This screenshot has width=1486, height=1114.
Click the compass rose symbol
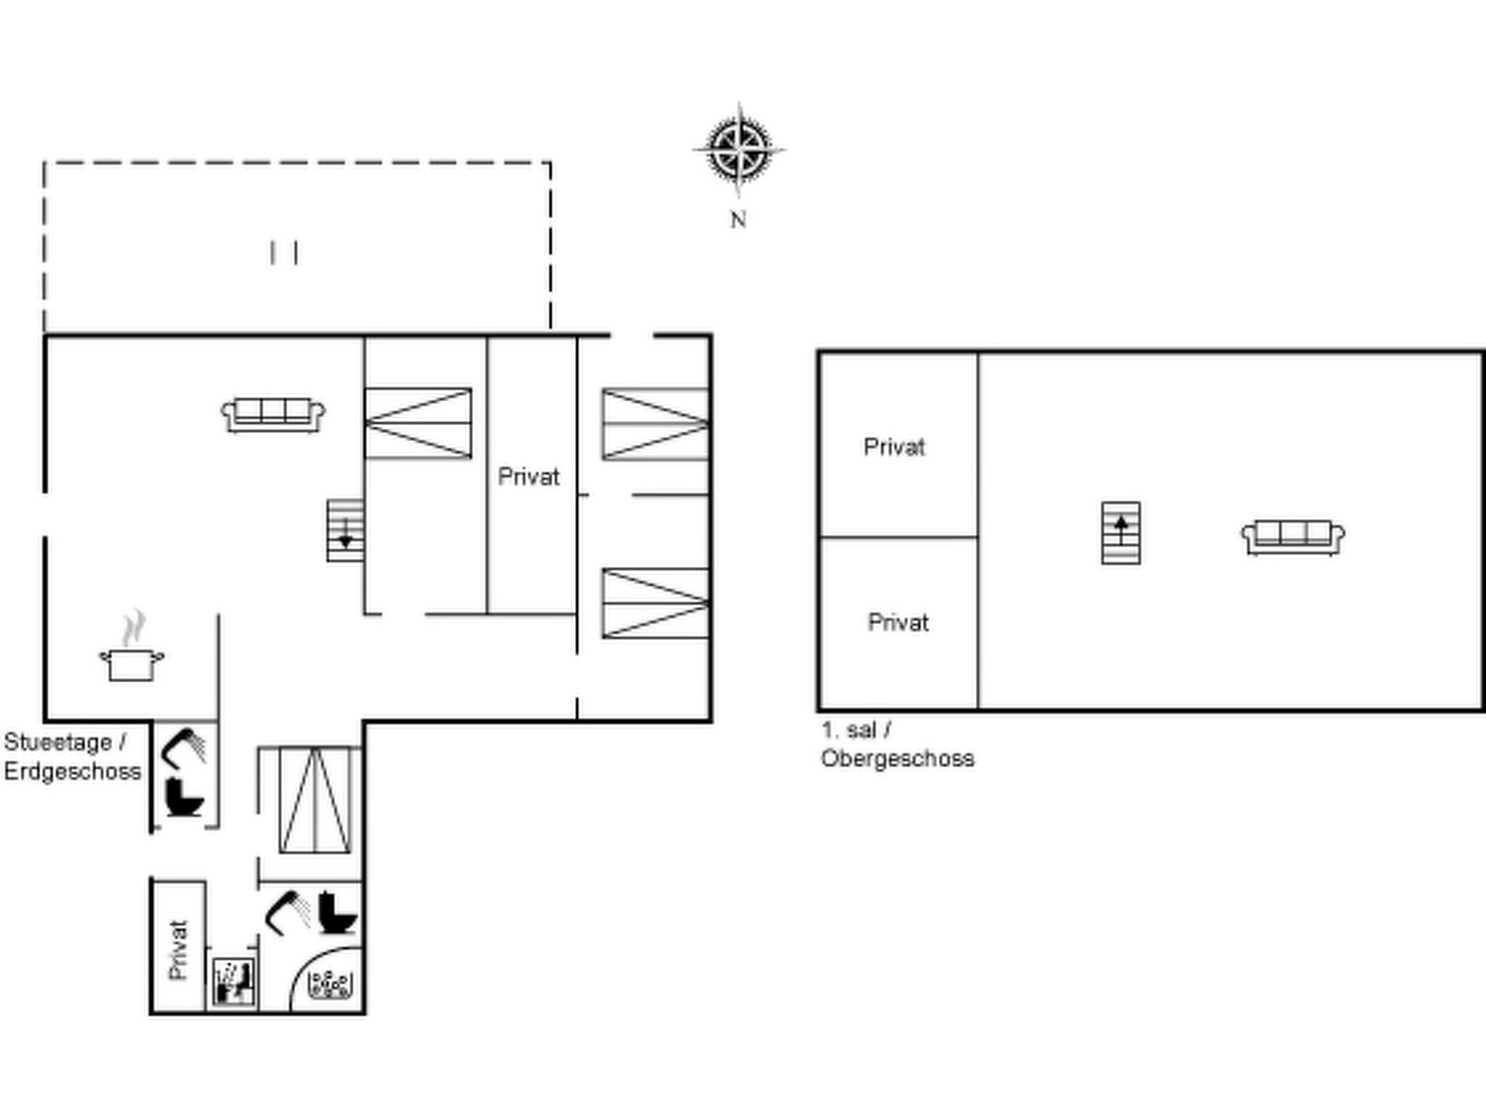[x=739, y=151]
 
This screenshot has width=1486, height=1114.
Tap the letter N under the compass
[x=738, y=220]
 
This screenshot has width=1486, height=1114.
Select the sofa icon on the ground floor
[x=273, y=415]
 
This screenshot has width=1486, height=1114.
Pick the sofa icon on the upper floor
[x=1292, y=537]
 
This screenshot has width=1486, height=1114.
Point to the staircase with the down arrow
[x=345, y=531]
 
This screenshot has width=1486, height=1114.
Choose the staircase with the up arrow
[x=1120, y=533]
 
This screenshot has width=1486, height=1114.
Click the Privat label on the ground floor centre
[x=528, y=477]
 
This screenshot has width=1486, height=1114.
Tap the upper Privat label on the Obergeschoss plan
[x=894, y=447]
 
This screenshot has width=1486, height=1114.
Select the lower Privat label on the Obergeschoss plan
[x=898, y=623]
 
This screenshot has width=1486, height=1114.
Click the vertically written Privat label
[x=178, y=950]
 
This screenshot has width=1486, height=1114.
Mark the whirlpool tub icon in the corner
[x=331, y=985]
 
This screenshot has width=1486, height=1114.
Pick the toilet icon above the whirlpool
[x=337, y=913]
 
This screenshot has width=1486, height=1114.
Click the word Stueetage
[x=58, y=743]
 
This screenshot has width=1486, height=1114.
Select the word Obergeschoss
[x=898, y=759]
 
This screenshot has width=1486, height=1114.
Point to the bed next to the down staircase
[x=418, y=424]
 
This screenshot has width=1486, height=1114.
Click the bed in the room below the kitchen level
[x=315, y=801]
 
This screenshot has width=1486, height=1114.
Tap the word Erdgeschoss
[x=73, y=772]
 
